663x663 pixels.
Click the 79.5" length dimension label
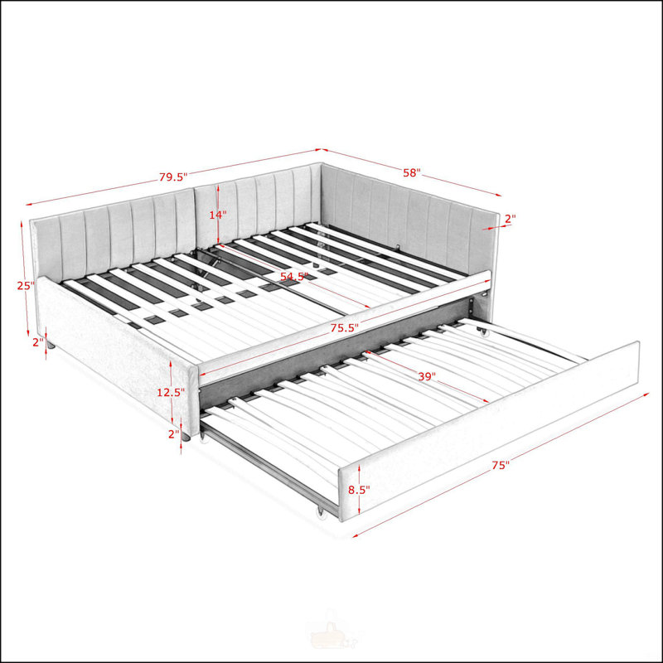click(173, 177)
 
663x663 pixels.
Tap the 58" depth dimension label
click(412, 172)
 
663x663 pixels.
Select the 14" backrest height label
click(218, 215)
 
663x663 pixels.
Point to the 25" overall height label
click(26, 285)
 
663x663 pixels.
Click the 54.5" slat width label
click(294, 277)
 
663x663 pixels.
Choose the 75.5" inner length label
click(345, 327)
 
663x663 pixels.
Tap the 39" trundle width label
click(427, 376)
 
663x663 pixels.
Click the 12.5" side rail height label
click(171, 392)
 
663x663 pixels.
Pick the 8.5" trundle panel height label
click(359, 490)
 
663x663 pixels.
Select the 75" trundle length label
click(501, 465)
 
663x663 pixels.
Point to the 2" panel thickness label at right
click(511, 219)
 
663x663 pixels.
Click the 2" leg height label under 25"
click(38, 342)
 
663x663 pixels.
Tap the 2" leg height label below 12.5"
click(174, 433)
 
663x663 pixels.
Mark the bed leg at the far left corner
click(51, 346)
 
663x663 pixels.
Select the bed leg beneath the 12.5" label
click(186, 437)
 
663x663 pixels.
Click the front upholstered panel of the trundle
click(490, 430)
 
